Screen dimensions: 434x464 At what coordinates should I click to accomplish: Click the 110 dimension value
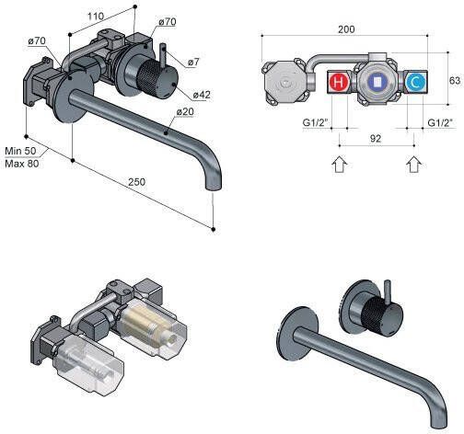[x=95, y=16]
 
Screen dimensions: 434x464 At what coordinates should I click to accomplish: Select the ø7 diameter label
[x=196, y=63]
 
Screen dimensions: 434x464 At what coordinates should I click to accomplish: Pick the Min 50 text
[x=21, y=149]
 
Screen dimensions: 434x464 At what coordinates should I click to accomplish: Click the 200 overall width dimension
[x=346, y=29]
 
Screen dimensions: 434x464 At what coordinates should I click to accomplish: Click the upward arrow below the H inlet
[x=338, y=165]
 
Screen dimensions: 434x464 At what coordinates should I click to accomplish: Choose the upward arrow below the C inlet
[x=415, y=165]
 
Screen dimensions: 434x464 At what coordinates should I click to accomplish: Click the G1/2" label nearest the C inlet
[x=440, y=121]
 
